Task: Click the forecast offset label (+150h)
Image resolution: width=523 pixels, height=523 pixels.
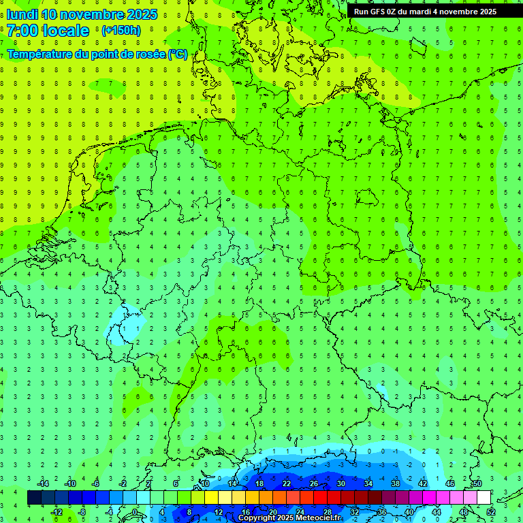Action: click(x=121, y=31)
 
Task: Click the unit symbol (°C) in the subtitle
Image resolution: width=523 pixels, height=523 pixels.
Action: click(x=178, y=54)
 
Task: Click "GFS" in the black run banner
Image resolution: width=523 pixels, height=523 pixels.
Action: click(x=377, y=12)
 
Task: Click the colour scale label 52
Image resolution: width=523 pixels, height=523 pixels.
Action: click(x=491, y=511)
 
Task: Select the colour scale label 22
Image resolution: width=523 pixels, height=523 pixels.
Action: click(x=287, y=484)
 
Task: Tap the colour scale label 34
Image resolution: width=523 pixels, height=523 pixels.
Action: click(x=368, y=484)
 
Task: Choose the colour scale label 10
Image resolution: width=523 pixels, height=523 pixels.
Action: click(x=205, y=484)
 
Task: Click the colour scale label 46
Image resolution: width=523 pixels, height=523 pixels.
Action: click(x=450, y=484)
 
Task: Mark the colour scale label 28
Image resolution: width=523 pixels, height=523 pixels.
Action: click(x=328, y=511)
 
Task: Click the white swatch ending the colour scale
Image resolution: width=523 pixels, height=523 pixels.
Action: click(x=484, y=497)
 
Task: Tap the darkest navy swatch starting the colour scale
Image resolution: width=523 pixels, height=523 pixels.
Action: click(x=34, y=497)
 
